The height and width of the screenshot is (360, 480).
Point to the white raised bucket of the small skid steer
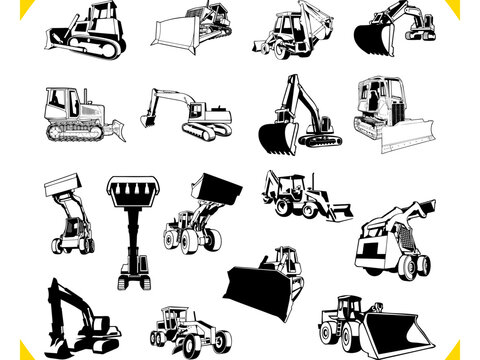(x=65, y=184)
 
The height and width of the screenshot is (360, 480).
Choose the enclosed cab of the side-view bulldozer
(x=61, y=101)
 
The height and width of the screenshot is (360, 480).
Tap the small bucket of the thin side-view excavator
(x=147, y=119)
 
